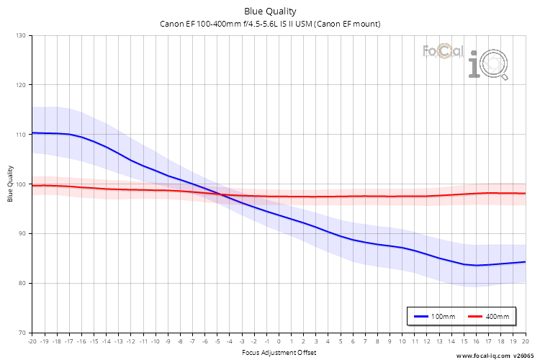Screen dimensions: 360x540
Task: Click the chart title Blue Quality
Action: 269,12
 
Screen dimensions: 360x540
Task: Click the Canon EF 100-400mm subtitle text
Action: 269,24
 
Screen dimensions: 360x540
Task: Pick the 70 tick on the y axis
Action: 21,333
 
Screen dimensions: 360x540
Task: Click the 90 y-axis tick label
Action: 21,233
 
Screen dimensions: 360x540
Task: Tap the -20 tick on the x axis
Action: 32,341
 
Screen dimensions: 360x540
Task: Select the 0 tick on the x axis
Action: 279,341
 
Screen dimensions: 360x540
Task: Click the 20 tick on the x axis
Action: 525,341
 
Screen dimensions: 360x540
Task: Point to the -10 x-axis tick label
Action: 155,341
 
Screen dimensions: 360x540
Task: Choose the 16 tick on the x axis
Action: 476,341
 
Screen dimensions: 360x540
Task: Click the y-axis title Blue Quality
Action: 9,184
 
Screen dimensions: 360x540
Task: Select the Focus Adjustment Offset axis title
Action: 278,352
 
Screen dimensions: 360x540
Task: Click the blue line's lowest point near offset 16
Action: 476,265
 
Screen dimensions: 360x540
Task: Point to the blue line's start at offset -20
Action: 32,132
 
